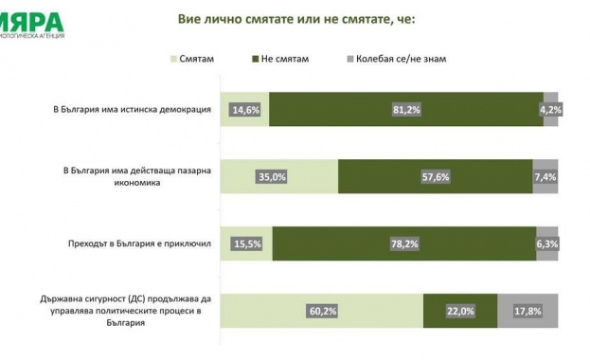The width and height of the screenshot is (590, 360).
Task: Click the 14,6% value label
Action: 244,110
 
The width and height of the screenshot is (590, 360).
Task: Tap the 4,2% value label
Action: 550,110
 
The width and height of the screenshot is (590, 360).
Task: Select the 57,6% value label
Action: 435,176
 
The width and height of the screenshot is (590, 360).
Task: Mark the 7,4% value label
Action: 545,176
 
